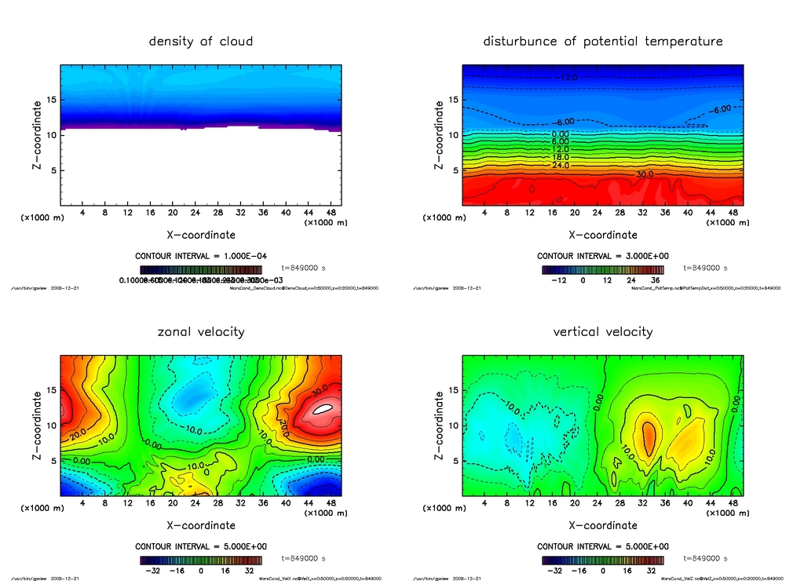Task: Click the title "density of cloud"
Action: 201,41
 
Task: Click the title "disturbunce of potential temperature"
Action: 603,41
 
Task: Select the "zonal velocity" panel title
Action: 201,331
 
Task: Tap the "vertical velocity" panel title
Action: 603,331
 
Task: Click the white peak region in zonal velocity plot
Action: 321,408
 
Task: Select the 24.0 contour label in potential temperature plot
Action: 560,165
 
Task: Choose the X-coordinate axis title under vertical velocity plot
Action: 603,525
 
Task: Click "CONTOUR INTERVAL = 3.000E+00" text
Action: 603,256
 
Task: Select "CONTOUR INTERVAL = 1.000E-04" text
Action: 201,256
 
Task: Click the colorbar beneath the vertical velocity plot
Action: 603,561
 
